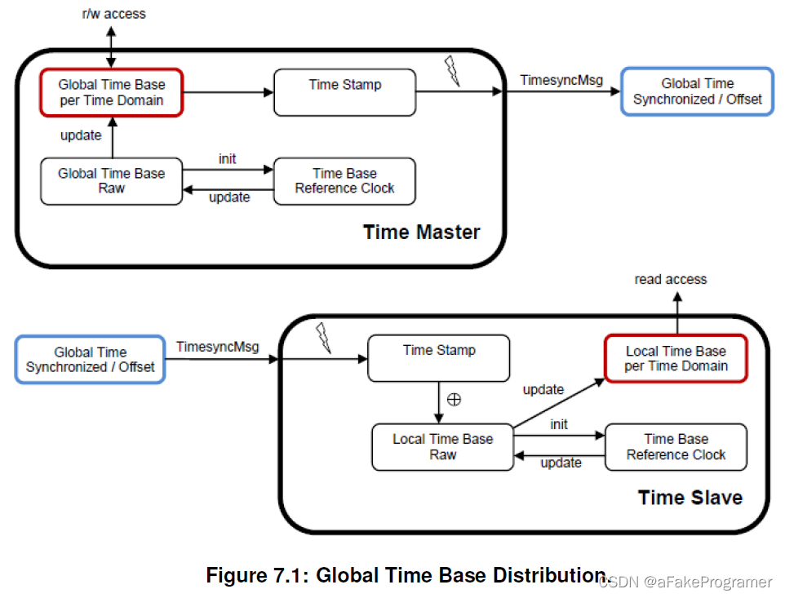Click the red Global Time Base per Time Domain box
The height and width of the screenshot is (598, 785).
point(111,92)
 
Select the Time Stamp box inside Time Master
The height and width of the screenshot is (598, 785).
point(344,92)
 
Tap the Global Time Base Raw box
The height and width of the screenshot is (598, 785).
point(111,181)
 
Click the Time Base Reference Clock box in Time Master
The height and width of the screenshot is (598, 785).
point(344,181)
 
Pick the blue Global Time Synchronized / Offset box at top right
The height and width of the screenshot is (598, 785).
point(697,91)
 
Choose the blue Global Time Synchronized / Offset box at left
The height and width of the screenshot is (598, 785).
point(90,360)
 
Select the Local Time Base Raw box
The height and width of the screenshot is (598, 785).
point(442,446)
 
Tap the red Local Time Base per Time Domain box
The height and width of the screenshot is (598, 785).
point(676,358)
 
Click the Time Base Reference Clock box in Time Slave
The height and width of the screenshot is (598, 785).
point(676,446)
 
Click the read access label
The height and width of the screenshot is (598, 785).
point(671,279)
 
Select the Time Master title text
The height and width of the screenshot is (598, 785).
point(422,233)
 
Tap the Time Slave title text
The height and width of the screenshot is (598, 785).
point(690,498)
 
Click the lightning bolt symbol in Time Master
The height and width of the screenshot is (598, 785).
point(451,72)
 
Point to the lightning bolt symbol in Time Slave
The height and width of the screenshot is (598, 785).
point(324,337)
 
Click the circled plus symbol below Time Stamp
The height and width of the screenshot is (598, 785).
point(455,400)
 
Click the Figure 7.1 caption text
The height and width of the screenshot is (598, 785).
point(408,575)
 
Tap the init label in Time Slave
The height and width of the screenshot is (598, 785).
point(559,424)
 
